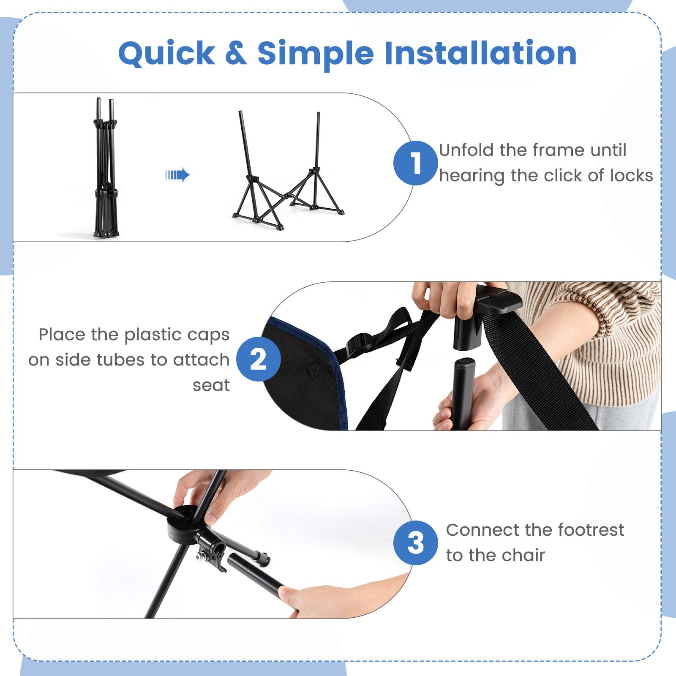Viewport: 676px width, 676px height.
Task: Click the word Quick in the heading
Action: (x=166, y=54)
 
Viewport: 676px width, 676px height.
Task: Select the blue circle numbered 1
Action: (x=415, y=163)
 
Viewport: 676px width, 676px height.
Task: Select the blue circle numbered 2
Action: (x=258, y=359)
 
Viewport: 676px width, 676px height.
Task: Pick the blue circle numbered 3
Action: (x=415, y=543)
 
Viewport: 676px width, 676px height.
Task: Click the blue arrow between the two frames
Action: (x=177, y=174)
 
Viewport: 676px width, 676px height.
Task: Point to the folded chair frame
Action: (x=105, y=169)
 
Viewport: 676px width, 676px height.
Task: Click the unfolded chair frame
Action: (x=287, y=177)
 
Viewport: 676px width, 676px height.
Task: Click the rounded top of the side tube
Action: (x=463, y=364)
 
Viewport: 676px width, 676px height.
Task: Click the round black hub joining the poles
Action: (x=186, y=522)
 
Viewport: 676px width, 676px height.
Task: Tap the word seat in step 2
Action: (x=211, y=385)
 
